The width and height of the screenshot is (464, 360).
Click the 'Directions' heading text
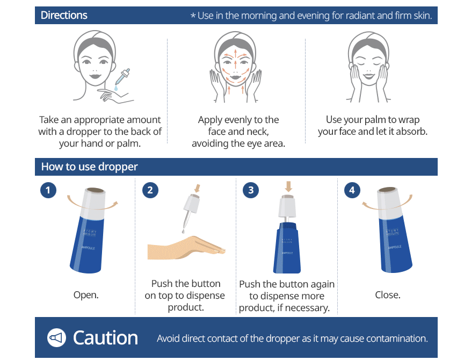[64, 15]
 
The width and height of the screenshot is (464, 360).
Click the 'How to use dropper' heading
[89, 167]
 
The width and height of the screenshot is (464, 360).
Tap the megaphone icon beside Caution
[56, 337]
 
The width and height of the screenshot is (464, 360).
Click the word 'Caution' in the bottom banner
[105, 337]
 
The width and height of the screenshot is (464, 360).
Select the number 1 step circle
[48, 190]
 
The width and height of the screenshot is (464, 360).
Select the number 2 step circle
[150, 190]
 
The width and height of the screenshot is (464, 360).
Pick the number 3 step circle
[251, 190]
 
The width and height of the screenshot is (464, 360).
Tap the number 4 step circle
[352, 190]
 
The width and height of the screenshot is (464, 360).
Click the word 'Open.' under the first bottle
[86, 295]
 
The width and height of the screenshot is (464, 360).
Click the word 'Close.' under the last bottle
[388, 295]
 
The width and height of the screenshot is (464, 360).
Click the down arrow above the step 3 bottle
[288, 186]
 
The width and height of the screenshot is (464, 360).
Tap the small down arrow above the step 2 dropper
[197, 188]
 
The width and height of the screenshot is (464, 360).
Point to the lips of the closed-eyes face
[369, 76]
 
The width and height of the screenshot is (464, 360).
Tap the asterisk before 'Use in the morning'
[193, 16]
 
